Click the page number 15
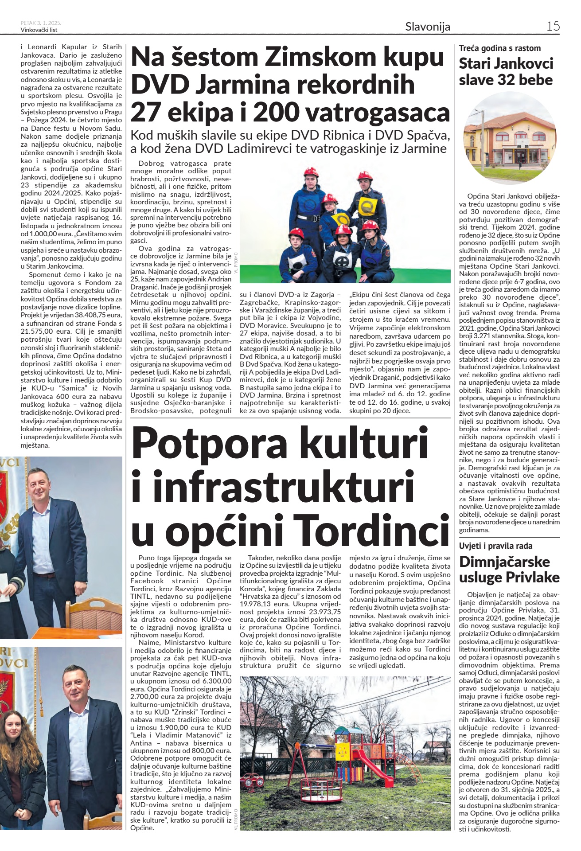pyautogui.click(x=553, y=26)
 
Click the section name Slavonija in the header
pyautogui.click(x=428, y=27)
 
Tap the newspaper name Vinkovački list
pyautogui.click(x=39, y=30)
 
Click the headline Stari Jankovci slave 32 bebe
pyautogui.click(x=506, y=72)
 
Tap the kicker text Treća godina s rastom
pyautogui.click(x=500, y=48)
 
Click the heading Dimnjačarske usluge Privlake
pyautogui.click(x=509, y=570)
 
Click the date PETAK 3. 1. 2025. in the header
pyautogui.click(x=41, y=23)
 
